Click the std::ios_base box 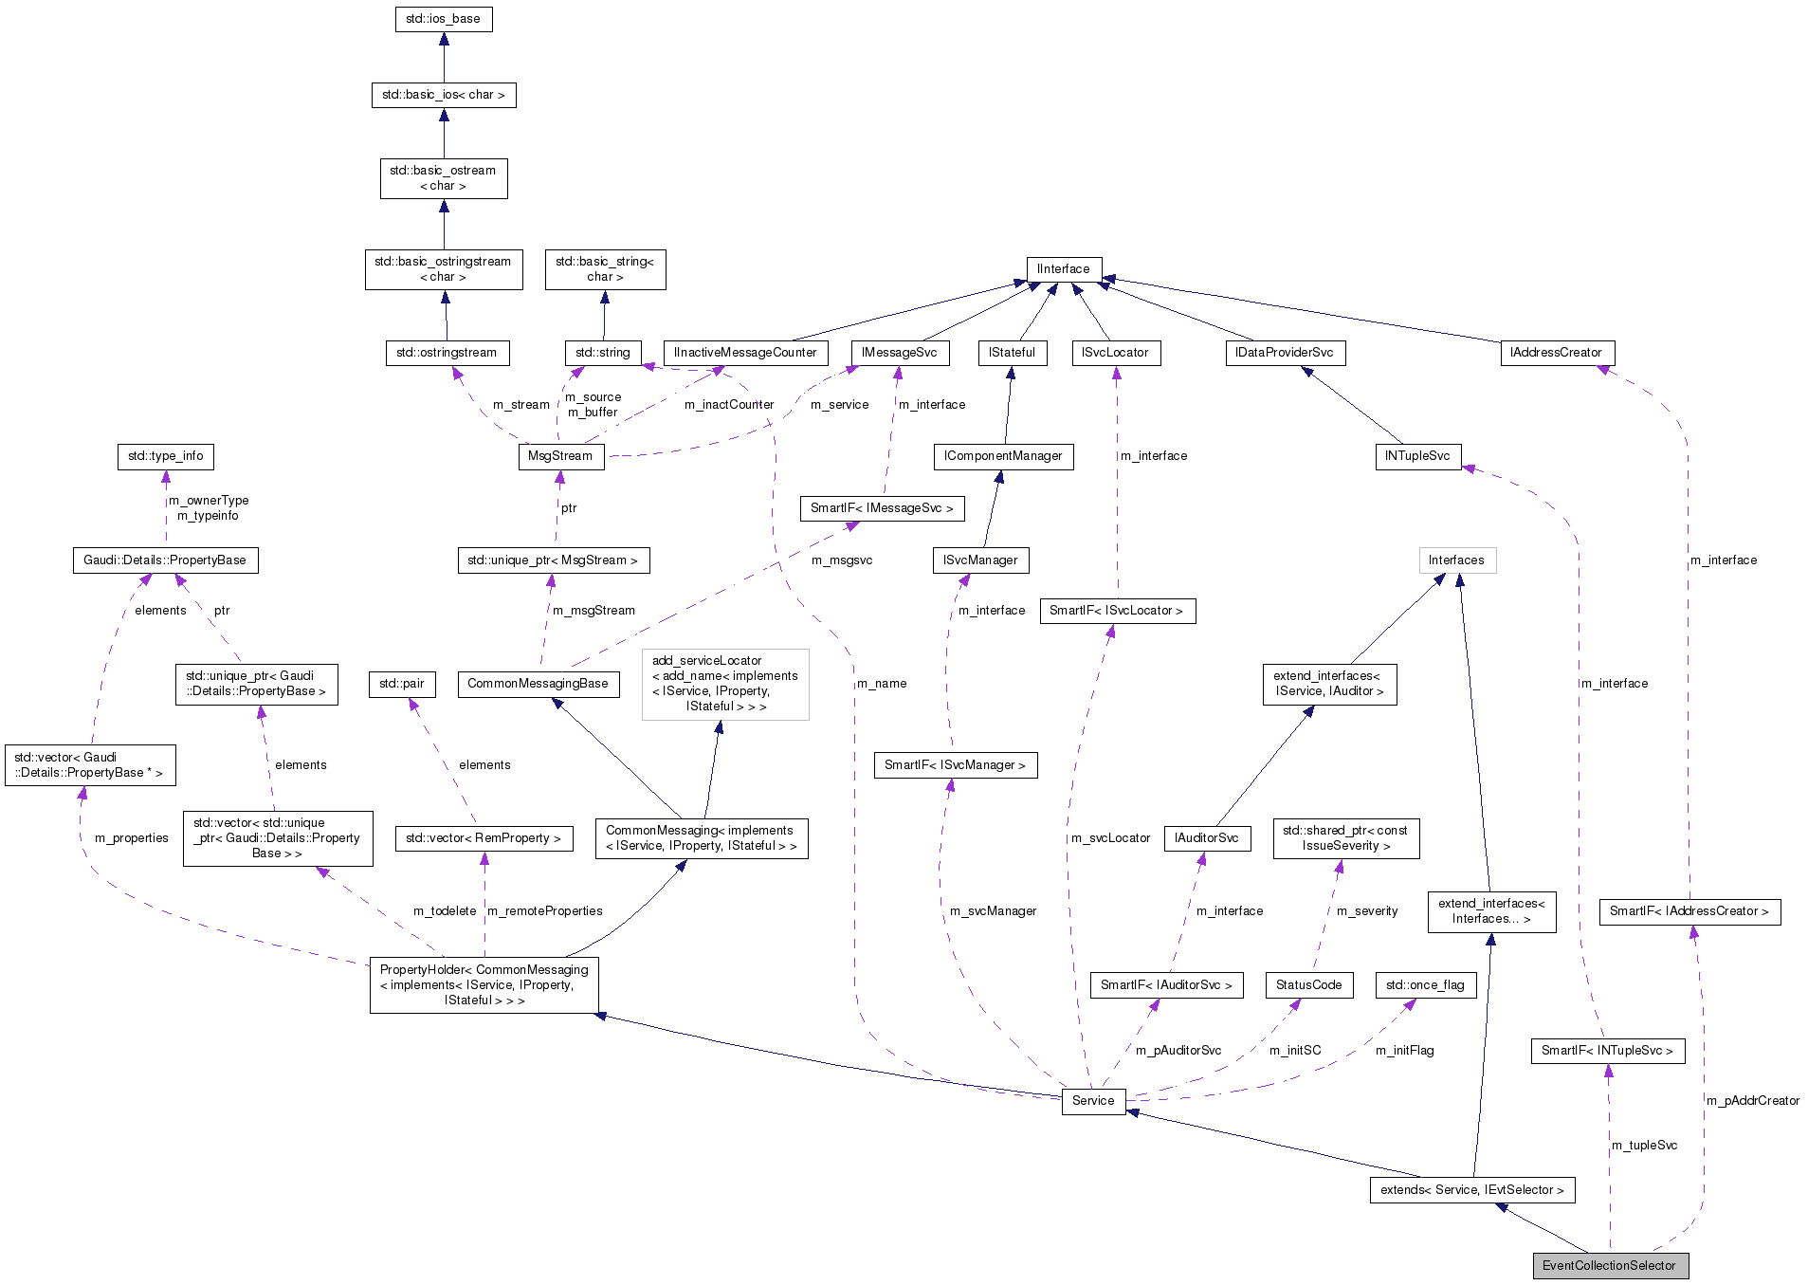pyautogui.click(x=443, y=19)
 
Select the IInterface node pyautogui.click(x=1064, y=269)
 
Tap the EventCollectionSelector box pyautogui.click(x=1609, y=1265)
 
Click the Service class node pyautogui.click(x=1093, y=1100)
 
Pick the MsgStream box pyautogui.click(x=560, y=456)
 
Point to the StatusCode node pyautogui.click(x=1308, y=985)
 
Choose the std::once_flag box pyautogui.click(x=1425, y=985)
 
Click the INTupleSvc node pyautogui.click(x=1417, y=456)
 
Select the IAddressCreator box pyautogui.click(x=1556, y=353)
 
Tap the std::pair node pyautogui.click(x=402, y=684)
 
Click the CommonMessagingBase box pyautogui.click(x=538, y=684)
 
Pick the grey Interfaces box pyautogui.click(x=1456, y=560)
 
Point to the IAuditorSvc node pyautogui.click(x=1207, y=838)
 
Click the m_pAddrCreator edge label pyautogui.click(x=1753, y=1101)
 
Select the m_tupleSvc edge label pyautogui.click(x=1645, y=1146)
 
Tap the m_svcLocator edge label pyautogui.click(x=1110, y=838)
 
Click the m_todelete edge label pyautogui.click(x=445, y=911)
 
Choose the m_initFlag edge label pyautogui.click(x=1404, y=1051)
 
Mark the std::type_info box pyautogui.click(x=166, y=456)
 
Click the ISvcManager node pyautogui.click(x=980, y=560)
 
